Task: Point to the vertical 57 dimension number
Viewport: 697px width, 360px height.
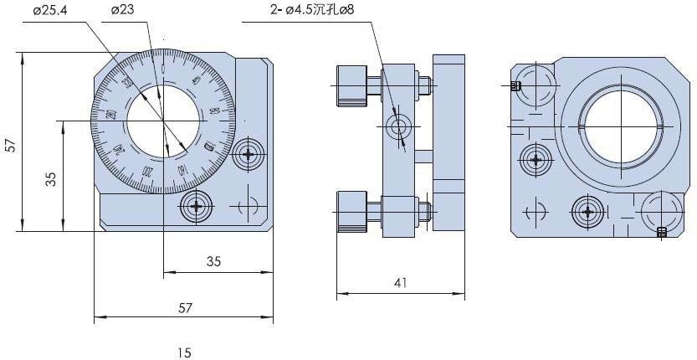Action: [x=10, y=144]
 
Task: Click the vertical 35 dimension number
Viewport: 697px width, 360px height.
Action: [x=50, y=178]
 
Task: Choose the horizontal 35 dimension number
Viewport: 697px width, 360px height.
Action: [x=213, y=261]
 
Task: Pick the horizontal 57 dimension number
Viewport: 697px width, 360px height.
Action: [x=185, y=307]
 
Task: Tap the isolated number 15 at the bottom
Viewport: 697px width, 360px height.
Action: [x=184, y=352]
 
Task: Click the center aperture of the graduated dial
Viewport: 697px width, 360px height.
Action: [x=163, y=121]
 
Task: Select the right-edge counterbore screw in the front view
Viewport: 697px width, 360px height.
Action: [x=249, y=153]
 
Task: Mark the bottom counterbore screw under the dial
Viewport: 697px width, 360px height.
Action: [x=197, y=205]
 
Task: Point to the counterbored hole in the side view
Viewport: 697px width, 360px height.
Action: [x=398, y=127]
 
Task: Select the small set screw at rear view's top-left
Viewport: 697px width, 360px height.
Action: [x=515, y=85]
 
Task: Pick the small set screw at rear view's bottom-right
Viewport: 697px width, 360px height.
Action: [x=662, y=233]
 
